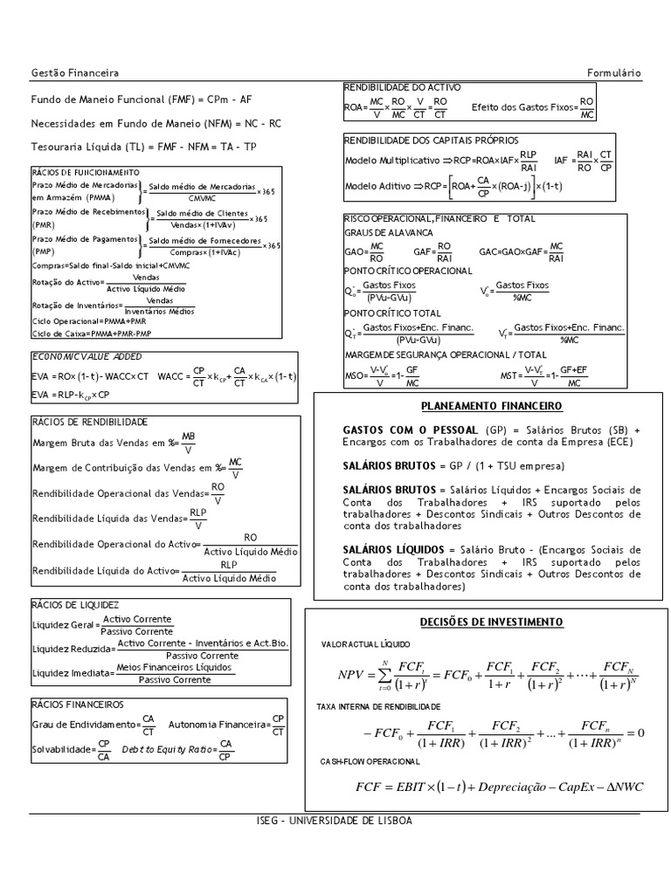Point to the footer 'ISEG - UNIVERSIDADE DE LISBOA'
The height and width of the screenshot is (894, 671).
[x=335, y=822]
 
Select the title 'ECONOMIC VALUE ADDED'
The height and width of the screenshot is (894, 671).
[x=86, y=357]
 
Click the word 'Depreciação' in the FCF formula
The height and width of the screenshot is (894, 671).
[x=519, y=787]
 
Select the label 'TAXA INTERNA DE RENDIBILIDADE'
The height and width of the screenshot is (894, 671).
[x=378, y=705]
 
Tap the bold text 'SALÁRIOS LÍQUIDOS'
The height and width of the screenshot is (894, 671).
[x=394, y=550]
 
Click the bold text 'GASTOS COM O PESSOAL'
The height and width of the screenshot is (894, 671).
[x=410, y=430]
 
